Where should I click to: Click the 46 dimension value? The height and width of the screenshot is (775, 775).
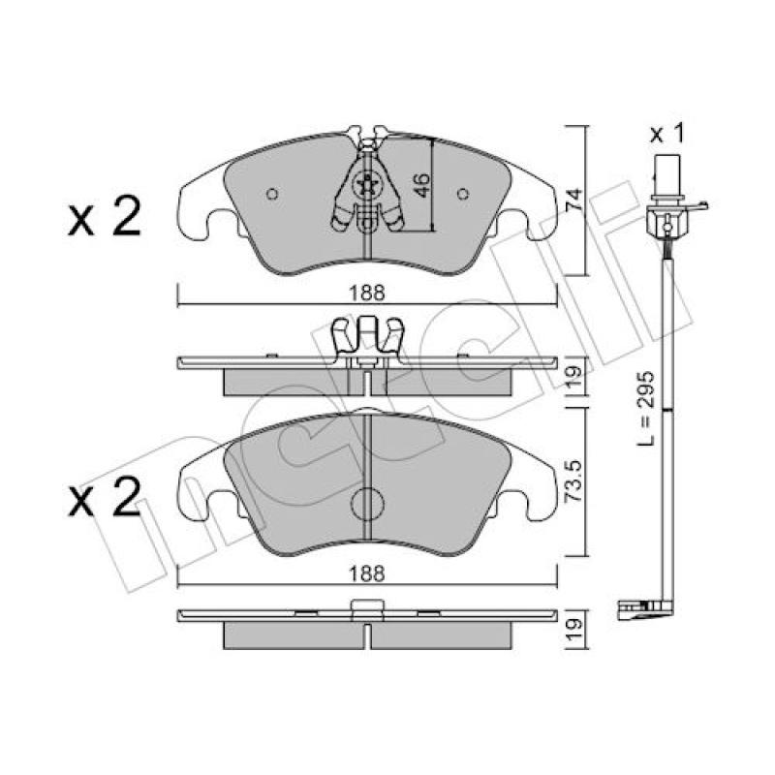click(421, 185)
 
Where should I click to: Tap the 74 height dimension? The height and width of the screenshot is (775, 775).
click(574, 201)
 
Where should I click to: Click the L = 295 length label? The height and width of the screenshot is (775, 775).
click(645, 408)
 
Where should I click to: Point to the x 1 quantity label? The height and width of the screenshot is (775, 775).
click(667, 134)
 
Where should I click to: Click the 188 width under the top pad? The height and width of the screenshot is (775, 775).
click(367, 293)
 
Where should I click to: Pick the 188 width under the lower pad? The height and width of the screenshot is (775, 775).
click(367, 573)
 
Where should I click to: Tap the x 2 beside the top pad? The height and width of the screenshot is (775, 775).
click(105, 217)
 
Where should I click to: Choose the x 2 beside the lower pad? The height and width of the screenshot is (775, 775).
click(105, 498)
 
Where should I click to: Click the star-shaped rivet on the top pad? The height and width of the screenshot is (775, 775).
click(367, 186)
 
